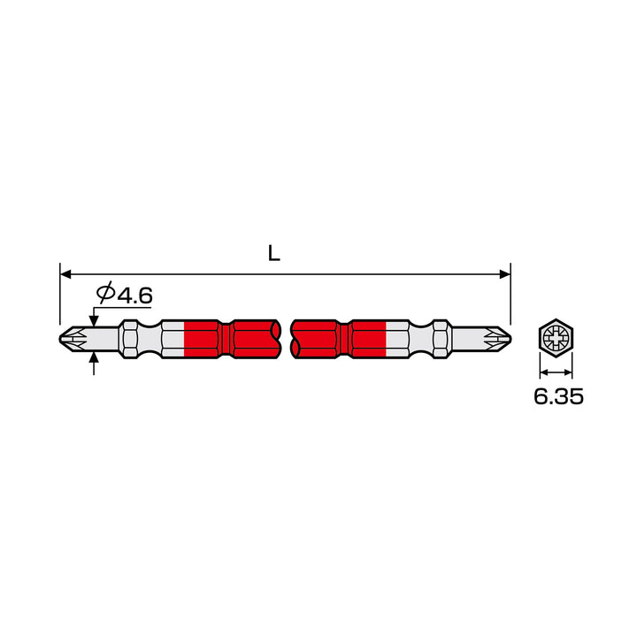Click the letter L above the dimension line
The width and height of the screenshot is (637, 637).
pos(274,253)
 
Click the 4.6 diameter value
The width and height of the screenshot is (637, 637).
pos(134,295)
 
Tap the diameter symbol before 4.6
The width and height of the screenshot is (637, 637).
pos(105,293)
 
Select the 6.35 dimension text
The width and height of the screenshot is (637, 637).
pos(558,396)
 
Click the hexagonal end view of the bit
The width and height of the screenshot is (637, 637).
pos(556,337)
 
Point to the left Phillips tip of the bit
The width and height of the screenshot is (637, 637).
pos(74,339)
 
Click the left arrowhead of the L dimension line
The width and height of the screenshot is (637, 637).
pos(65,274)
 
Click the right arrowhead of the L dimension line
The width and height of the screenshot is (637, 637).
pos(505,274)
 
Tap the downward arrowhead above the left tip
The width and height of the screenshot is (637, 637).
pos(94,322)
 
